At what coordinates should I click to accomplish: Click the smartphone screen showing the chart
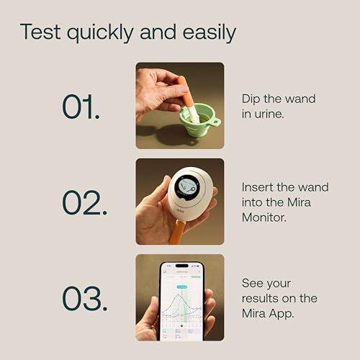(181, 299)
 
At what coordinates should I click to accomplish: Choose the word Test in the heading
(38, 32)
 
